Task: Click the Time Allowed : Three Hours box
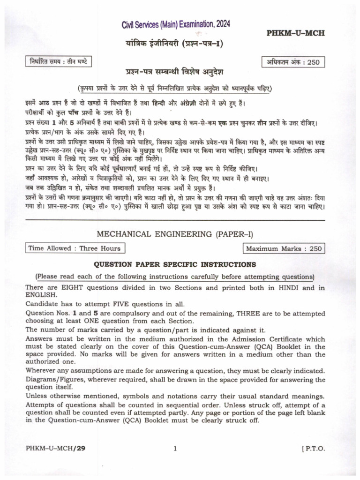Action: pyautogui.click(x=75, y=248)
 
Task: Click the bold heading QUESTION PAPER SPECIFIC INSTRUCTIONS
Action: pyautogui.click(x=175, y=264)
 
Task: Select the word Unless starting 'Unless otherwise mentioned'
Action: pyautogui.click(x=37, y=396)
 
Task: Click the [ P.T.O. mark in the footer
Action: pyautogui.click(x=310, y=449)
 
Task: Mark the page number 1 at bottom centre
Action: pyautogui.click(x=175, y=449)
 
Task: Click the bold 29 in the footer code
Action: pyautogui.click(x=82, y=449)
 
